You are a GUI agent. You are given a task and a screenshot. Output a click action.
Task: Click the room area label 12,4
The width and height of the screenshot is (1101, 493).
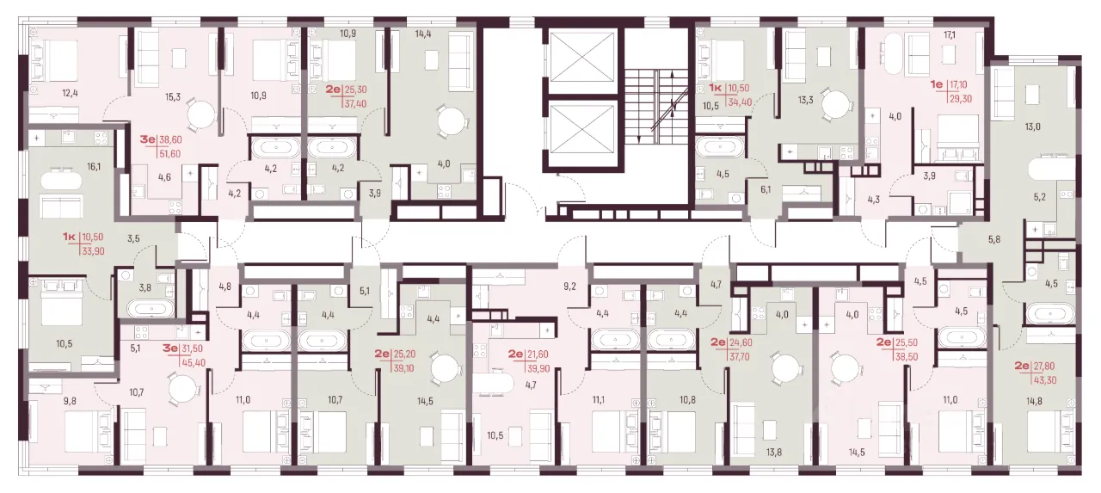coord(70,93)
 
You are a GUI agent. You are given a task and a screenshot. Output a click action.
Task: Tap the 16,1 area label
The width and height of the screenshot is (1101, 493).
coord(94,167)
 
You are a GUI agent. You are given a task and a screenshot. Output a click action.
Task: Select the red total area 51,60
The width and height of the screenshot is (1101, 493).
coord(169,154)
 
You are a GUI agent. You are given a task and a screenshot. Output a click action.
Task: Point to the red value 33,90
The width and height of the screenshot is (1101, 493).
coord(93,251)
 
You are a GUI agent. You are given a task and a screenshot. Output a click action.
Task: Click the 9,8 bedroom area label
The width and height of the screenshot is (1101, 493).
coord(70,401)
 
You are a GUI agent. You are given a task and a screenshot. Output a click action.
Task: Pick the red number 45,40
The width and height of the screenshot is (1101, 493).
coord(194,363)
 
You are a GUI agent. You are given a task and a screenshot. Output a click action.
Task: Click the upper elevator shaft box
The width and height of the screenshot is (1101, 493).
coord(582,57)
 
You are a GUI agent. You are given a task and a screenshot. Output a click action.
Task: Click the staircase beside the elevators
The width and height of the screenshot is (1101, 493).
coord(656,106)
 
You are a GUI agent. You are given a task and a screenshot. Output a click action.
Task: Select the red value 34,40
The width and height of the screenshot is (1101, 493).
coord(740,102)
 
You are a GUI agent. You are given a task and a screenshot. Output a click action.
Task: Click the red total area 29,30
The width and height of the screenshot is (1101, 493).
coord(961,99)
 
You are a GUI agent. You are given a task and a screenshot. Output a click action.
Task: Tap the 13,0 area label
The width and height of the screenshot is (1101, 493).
coord(1032,126)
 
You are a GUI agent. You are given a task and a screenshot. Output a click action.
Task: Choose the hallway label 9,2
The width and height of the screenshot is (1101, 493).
coord(569,286)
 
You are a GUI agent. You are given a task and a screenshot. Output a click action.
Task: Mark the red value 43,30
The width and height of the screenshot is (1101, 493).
coord(1044,380)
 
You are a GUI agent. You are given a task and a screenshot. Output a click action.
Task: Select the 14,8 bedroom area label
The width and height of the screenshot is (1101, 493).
coord(1034,401)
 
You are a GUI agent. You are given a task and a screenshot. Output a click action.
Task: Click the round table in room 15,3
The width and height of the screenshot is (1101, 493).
coord(201,114)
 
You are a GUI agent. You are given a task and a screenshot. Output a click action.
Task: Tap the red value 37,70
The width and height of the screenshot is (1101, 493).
coord(739,356)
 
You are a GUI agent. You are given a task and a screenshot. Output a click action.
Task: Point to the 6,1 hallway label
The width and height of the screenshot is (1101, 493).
coord(766,188)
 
